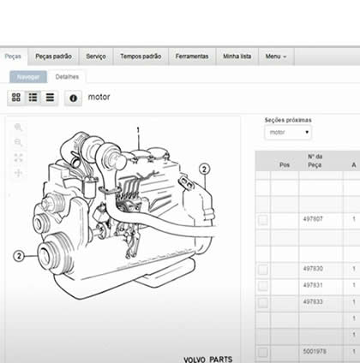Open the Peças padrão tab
click(53, 57)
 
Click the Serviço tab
click(96, 57)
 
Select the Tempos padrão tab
click(141, 57)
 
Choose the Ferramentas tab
click(192, 57)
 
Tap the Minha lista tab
click(237, 57)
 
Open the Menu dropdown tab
click(276, 57)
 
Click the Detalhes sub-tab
click(67, 77)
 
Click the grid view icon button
click(16, 98)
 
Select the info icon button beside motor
click(73, 98)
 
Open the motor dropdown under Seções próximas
click(288, 133)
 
